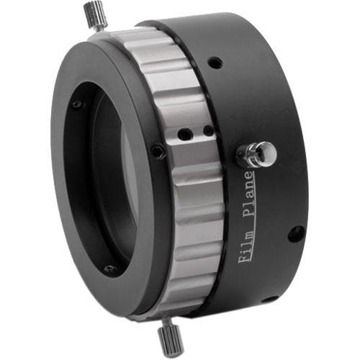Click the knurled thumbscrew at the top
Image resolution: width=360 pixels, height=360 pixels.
point(94,14)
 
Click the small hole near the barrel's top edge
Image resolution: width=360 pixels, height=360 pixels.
point(214,64)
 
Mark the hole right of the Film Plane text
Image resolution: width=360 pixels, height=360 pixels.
point(295,233)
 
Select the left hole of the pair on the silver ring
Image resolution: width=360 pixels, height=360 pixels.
point(185,133)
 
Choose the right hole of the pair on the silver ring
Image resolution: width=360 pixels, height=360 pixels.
point(207,131)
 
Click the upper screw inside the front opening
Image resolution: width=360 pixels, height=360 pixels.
point(77,105)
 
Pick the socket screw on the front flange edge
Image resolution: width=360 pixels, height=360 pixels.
point(156,151)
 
